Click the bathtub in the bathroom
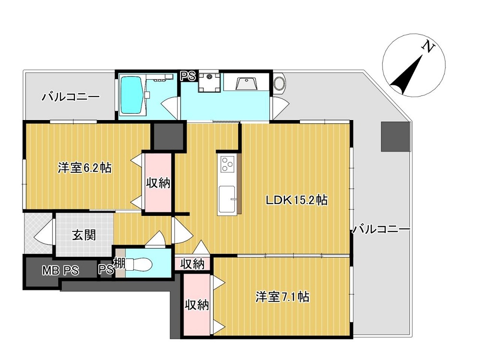132,95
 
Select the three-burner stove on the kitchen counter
227,164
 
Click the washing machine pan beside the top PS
209,82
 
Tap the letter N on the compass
428,47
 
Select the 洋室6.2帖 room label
84,168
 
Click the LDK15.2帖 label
296,200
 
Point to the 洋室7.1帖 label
282,297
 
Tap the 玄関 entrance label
84,235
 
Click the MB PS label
60,271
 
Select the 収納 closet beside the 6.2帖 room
158,182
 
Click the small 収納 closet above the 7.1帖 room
192,264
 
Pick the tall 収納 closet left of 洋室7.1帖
196,304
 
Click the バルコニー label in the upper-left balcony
71,97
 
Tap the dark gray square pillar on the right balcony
395,136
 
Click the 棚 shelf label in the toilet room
120,263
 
